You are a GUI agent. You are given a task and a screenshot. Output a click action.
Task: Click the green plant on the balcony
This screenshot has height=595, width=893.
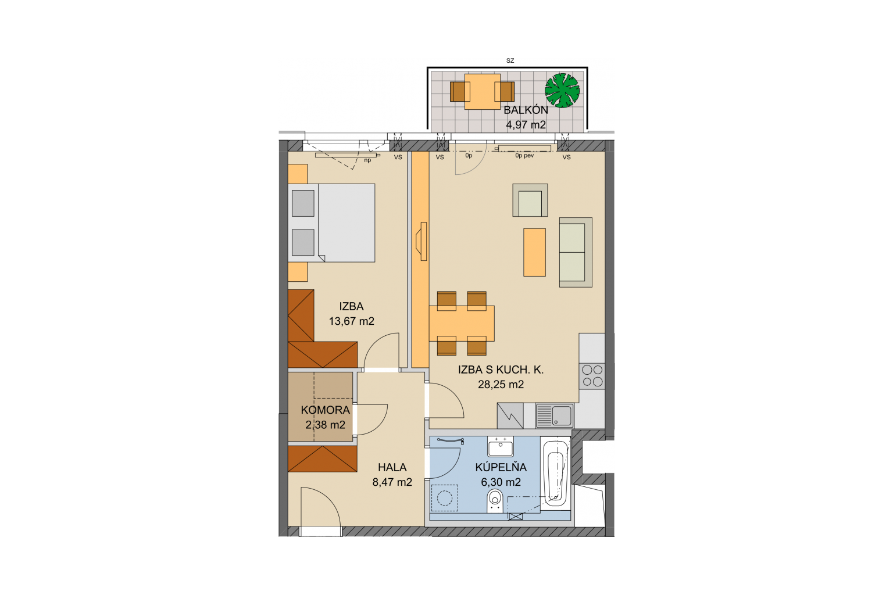pyautogui.click(x=562, y=91)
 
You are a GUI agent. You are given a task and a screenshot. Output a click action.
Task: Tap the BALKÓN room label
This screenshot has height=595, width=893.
pyautogui.click(x=526, y=110)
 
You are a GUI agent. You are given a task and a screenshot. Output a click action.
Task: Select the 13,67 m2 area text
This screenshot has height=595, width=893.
pyautogui.click(x=352, y=321)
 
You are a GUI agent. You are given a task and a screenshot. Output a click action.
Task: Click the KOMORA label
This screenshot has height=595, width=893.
pyautogui.click(x=326, y=410)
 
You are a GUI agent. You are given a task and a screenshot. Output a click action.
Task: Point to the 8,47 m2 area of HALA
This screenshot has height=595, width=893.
pyautogui.click(x=392, y=482)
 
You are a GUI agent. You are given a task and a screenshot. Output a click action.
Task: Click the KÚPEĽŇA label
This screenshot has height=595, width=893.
pyautogui.click(x=501, y=467)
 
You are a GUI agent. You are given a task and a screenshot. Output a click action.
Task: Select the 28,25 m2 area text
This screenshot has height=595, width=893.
pyautogui.click(x=501, y=385)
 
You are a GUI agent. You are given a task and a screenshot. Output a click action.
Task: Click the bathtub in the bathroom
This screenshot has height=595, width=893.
pyautogui.click(x=555, y=474)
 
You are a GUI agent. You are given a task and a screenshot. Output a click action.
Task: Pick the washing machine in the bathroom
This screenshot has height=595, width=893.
pyautogui.click(x=445, y=498)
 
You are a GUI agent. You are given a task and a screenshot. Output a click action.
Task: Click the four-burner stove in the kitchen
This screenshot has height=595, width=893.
pyautogui.click(x=592, y=376)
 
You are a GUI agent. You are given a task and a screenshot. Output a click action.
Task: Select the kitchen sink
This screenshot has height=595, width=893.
pyautogui.click(x=555, y=416)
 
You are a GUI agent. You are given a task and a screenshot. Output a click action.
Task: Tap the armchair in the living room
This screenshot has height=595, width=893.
pyautogui.click(x=530, y=200)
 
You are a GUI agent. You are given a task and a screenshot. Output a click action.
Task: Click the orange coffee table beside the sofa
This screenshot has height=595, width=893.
pyautogui.click(x=534, y=252)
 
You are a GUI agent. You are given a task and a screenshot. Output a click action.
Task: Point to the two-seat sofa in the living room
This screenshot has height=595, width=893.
pyautogui.click(x=576, y=252)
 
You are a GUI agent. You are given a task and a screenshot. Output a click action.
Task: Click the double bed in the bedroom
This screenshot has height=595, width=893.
pyautogui.click(x=332, y=223)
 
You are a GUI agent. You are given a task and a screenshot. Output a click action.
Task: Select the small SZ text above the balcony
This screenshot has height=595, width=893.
pyautogui.click(x=510, y=60)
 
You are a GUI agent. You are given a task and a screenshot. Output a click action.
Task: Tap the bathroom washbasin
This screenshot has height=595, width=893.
pyautogui.click(x=501, y=447)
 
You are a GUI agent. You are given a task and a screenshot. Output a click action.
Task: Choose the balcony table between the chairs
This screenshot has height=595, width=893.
pyautogui.click(x=483, y=92)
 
